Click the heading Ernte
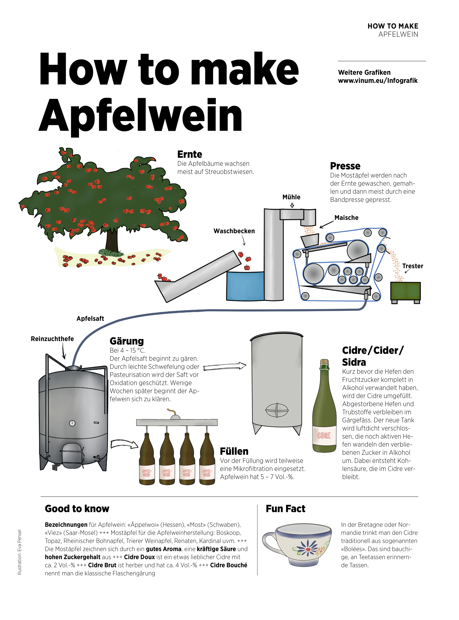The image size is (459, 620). click(x=190, y=154)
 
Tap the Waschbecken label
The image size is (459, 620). click(x=234, y=231)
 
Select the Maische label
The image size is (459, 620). click(x=346, y=218)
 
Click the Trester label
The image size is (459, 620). click(x=413, y=266)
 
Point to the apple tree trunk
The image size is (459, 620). click(x=112, y=240)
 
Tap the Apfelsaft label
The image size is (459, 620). click(x=90, y=319)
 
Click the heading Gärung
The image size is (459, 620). click(x=127, y=341)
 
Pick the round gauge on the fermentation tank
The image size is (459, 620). click(x=72, y=423)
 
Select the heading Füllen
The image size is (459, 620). click(x=234, y=451)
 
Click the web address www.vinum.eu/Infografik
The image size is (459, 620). click(x=378, y=81)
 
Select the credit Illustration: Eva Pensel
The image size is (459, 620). click(x=20, y=552)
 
